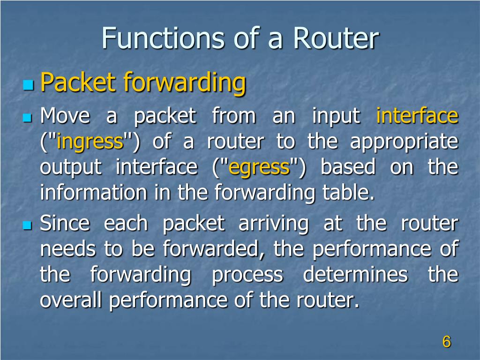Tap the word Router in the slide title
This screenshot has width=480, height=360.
click(336, 39)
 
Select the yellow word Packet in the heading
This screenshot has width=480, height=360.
click(78, 83)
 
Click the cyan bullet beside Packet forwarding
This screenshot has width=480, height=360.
click(29, 85)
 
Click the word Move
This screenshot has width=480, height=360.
click(65, 116)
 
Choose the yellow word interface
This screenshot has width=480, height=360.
click(417, 116)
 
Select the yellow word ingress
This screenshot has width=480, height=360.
click(90, 142)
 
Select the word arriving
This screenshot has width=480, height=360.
click(274, 224)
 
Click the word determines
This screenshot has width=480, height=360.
click(355, 275)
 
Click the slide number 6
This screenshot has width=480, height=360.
click(446, 342)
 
